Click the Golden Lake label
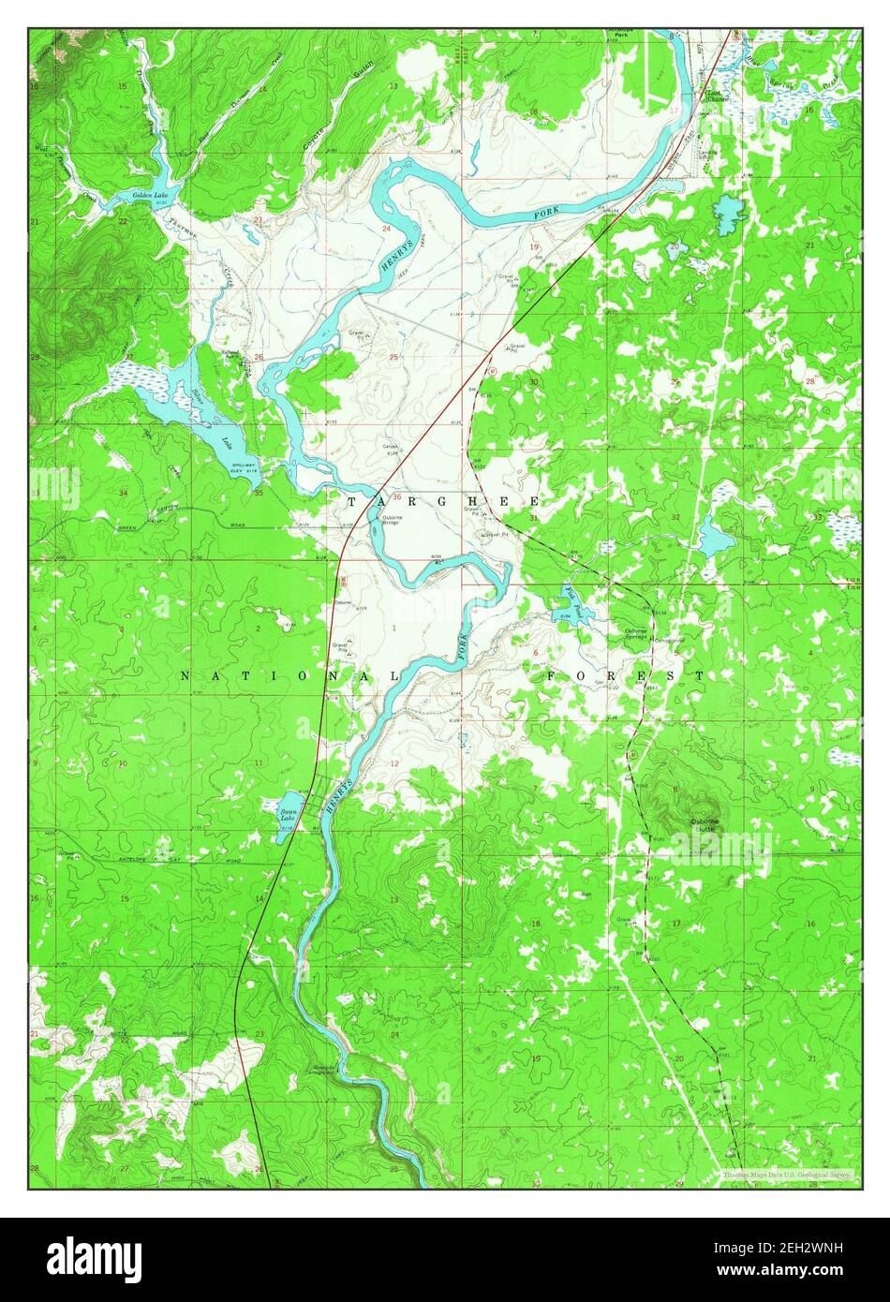[x=149, y=195]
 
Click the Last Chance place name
[x=719, y=96]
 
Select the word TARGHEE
[x=443, y=502]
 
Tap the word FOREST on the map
[x=626, y=674]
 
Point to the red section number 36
[x=397, y=497]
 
